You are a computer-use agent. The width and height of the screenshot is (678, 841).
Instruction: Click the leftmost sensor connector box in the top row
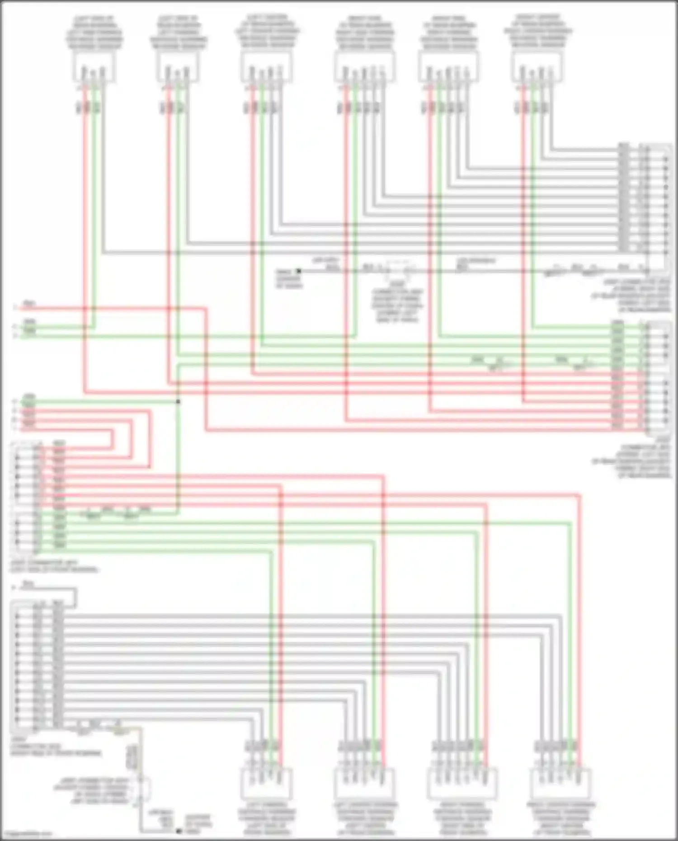[x=93, y=67]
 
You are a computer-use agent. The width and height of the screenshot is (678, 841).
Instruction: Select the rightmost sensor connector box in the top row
[x=537, y=67]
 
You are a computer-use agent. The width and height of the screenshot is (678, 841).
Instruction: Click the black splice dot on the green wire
[x=178, y=401]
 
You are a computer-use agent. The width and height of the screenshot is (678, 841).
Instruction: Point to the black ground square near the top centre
[x=298, y=271]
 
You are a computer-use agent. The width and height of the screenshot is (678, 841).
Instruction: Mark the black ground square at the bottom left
[x=179, y=831]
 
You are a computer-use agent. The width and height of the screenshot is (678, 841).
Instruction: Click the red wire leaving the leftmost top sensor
[x=85, y=181]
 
